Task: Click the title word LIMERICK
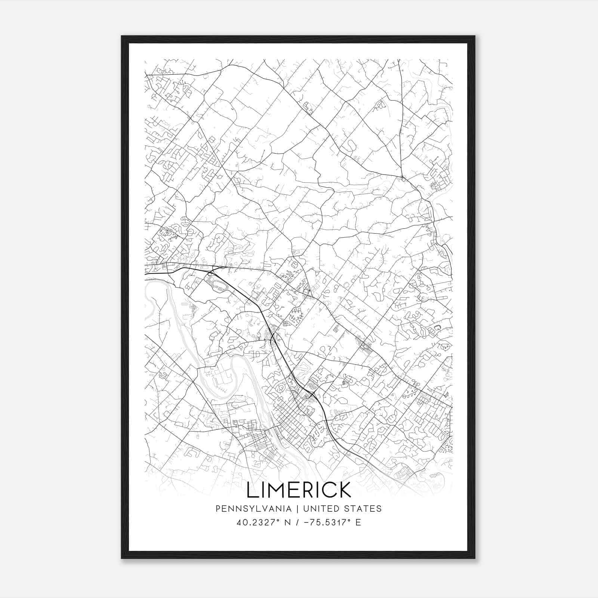pyautogui.click(x=299, y=490)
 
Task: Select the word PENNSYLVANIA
pyautogui.click(x=253, y=509)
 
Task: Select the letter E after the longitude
pyautogui.click(x=358, y=523)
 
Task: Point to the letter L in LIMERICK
pyautogui.click(x=251, y=490)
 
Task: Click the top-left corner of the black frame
pyautogui.click(x=122, y=37)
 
